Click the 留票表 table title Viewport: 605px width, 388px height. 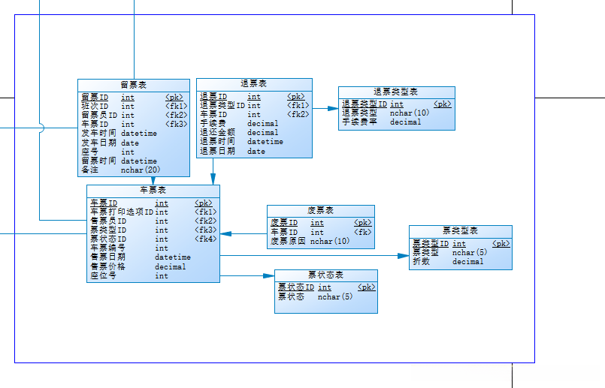(x=134, y=85)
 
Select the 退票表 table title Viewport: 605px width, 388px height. (x=254, y=84)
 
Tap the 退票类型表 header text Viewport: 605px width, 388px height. (x=396, y=92)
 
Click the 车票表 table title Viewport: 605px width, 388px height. (x=153, y=191)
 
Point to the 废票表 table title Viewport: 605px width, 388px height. (x=320, y=211)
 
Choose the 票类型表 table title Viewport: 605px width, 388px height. (x=460, y=231)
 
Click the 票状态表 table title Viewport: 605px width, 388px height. (x=325, y=275)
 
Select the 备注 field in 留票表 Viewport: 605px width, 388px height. (x=89, y=170)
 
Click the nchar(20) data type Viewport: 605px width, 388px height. (x=141, y=170)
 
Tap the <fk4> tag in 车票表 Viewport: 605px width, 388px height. (x=206, y=239)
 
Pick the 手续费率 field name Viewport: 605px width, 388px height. (x=358, y=122)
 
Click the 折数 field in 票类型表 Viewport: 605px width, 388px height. (x=421, y=262)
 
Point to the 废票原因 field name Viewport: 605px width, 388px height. (x=288, y=242)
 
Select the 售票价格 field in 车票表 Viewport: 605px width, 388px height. (x=108, y=266)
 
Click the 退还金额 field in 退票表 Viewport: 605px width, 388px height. (x=217, y=133)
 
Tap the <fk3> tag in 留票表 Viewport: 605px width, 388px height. (x=177, y=125)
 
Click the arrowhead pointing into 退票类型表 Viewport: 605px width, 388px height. (x=333, y=109)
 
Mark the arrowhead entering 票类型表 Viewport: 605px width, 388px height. (x=404, y=256)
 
